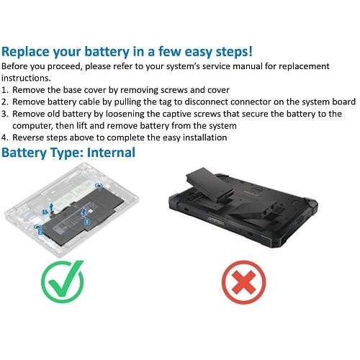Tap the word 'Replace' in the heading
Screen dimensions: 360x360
point(30,52)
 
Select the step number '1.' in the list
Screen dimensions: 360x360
point(6,90)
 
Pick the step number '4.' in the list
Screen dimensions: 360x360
point(6,138)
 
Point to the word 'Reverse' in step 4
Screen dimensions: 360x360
point(32,138)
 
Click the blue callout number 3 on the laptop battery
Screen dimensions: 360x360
point(86,222)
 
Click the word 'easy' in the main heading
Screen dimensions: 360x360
point(204,52)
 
